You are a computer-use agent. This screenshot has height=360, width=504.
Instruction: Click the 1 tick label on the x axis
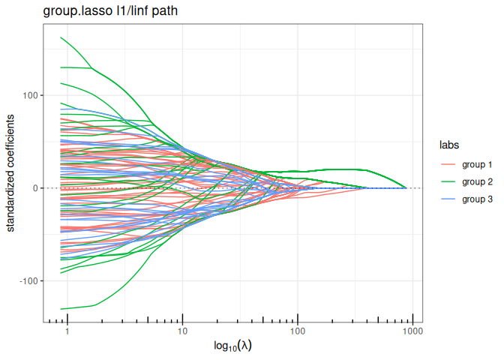(67, 331)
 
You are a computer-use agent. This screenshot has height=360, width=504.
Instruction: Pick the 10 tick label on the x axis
(182, 331)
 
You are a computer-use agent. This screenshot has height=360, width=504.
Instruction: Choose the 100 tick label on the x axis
(298, 331)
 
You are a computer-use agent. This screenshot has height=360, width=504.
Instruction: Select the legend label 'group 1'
(477, 164)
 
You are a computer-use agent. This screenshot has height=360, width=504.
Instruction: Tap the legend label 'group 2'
(477, 181)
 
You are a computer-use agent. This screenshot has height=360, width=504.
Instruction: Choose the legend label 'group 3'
(477, 199)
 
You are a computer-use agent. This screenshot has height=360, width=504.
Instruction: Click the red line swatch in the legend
(448, 164)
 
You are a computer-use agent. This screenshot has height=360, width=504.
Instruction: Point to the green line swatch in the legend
(448, 181)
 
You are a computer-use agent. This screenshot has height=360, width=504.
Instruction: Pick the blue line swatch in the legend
(448, 199)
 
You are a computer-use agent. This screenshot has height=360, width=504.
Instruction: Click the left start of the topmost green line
(61, 37)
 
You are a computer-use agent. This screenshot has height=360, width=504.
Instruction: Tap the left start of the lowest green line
(61, 309)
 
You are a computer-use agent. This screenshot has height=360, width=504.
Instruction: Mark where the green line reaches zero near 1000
(406, 187)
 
